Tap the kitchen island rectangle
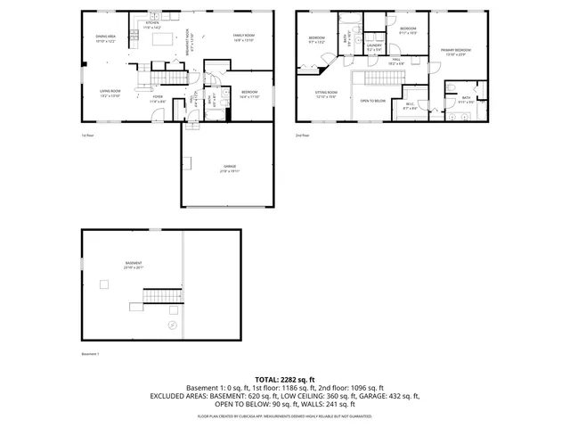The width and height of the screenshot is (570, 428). coord(165,40)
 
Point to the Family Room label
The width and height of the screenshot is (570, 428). coord(244,38)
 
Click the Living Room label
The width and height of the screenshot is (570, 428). coord(110,93)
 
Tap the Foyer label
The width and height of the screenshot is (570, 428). coord(159,101)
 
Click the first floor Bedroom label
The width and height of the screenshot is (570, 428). coord(250,95)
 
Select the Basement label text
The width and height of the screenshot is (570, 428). coord(134,265)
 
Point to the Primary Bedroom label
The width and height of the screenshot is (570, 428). coord(455,53)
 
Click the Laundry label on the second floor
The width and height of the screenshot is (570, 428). coord(374,47)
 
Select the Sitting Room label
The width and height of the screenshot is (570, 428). coord(326,94)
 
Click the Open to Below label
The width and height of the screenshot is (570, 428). coord(372,101)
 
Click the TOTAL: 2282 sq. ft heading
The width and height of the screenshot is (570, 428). coord(285,379)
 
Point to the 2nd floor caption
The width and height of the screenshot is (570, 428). coord(304,136)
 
